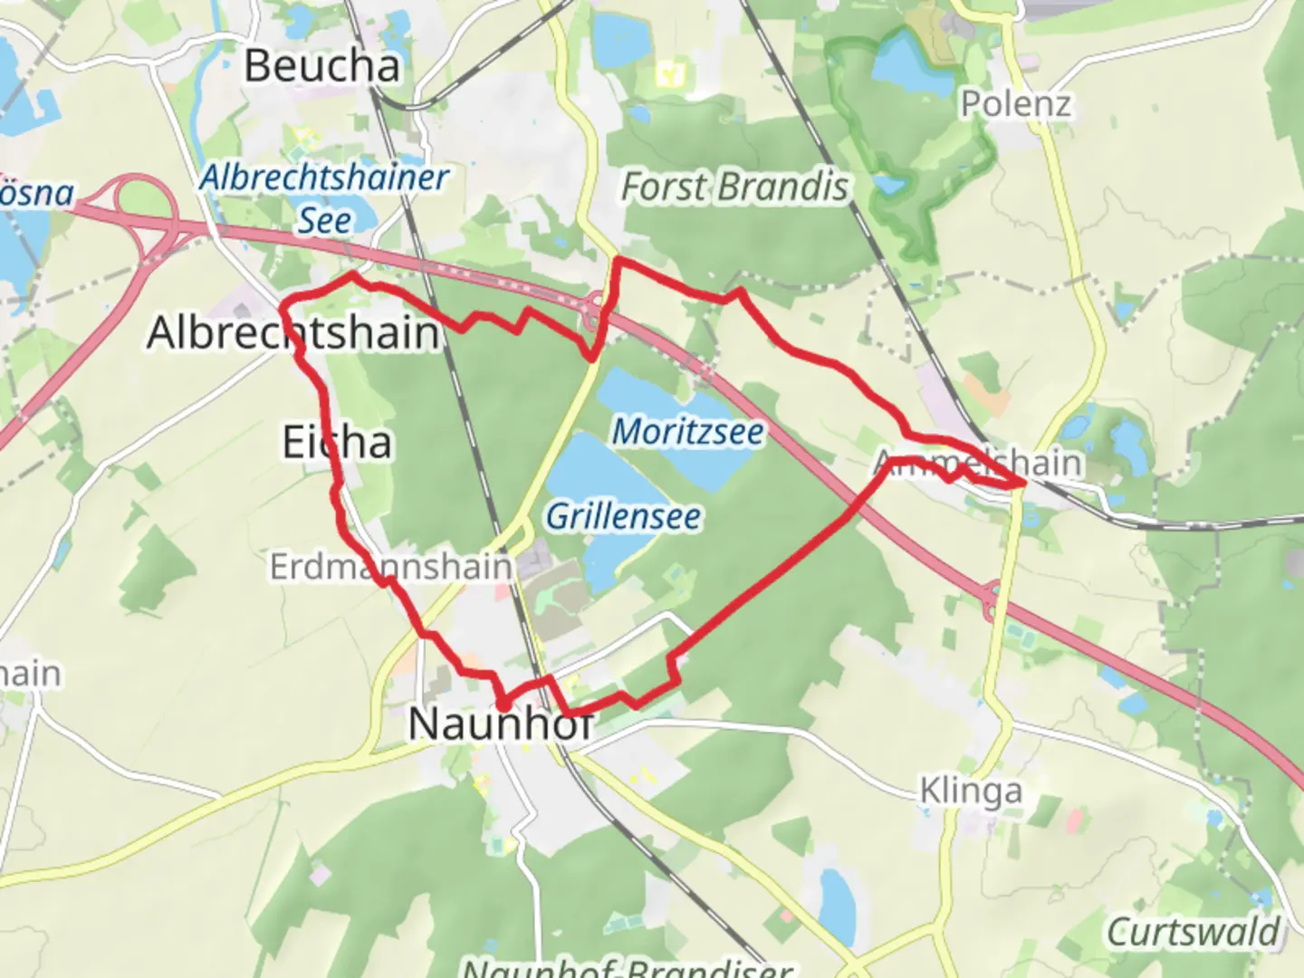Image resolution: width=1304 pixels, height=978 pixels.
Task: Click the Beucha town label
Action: [321, 66]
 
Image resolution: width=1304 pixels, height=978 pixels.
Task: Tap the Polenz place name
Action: [1015, 104]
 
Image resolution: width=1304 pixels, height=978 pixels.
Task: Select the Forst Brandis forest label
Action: [734, 187]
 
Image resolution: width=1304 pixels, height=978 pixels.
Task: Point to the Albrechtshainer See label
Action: [324, 197]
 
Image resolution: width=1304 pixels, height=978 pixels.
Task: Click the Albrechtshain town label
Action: [292, 332]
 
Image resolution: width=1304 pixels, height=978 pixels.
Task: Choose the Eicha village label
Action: [337, 442]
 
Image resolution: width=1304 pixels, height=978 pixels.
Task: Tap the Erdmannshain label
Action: [390, 567]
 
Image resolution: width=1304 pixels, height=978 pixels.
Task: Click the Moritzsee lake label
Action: [687, 431]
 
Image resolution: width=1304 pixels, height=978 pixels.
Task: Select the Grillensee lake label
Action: [623, 516]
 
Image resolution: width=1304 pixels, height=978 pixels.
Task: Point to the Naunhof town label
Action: [501, 724]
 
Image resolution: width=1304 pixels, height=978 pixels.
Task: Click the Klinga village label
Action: [971, 791]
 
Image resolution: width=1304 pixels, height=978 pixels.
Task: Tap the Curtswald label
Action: [1193, 932]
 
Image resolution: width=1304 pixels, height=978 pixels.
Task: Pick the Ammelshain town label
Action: [978, 463]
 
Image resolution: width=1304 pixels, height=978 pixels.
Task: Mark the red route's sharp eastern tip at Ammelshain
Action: [1022, 484]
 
